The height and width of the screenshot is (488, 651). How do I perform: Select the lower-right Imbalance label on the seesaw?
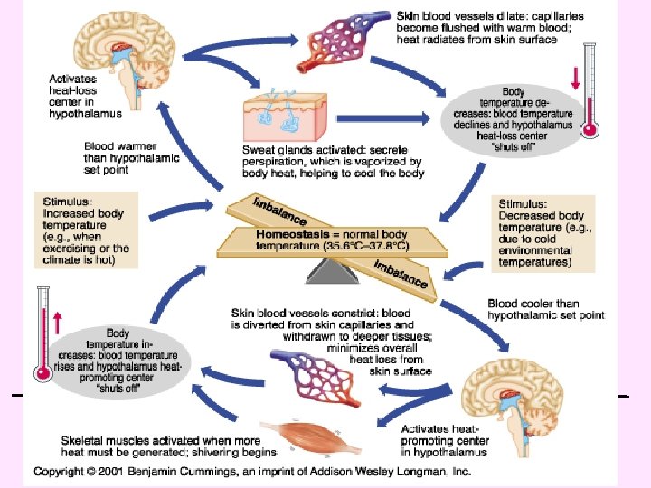[398, 271]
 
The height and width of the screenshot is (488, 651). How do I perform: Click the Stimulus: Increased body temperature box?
[86, 229]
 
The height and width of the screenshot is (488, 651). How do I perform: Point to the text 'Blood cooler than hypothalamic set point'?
[545, 309]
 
